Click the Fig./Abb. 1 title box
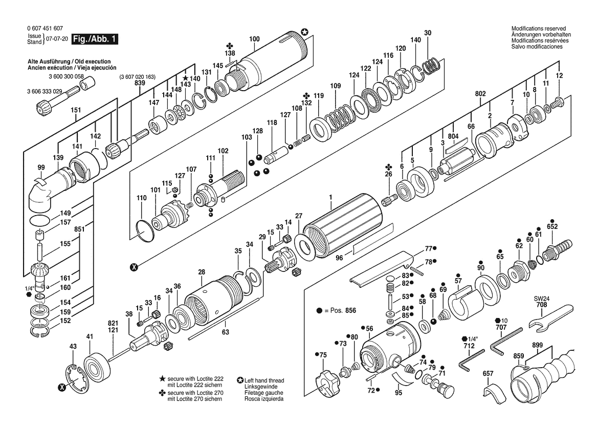(95, 39)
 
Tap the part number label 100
(254, 39)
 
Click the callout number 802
(480, 94)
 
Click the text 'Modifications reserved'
(539, 29)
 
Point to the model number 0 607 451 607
(45, 28)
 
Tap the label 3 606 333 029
(45, 91)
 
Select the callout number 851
(79, 229)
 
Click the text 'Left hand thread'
(264, 380)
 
